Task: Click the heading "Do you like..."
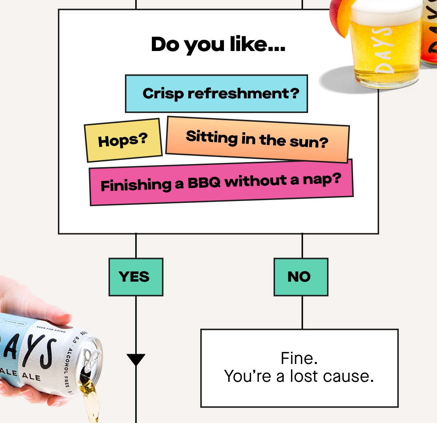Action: [x=218, y=44]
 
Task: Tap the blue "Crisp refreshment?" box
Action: [x=216, y=93]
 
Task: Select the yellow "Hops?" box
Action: [x=123, y=140]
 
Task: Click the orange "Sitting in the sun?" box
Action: [x=257, y=139]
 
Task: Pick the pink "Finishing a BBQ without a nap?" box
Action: [x=221, y=183]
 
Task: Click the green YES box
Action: [x=136, y=277]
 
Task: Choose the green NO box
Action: [x=301, y=277]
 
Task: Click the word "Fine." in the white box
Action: [x=299, y=358]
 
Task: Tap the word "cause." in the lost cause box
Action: [x=348, y=376]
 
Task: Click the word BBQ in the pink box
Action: [x=204, y=183]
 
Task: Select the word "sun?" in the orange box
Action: [x=309, y=142]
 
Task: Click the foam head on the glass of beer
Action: [x=387, y=12]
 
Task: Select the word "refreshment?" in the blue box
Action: [x=243, y=93]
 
